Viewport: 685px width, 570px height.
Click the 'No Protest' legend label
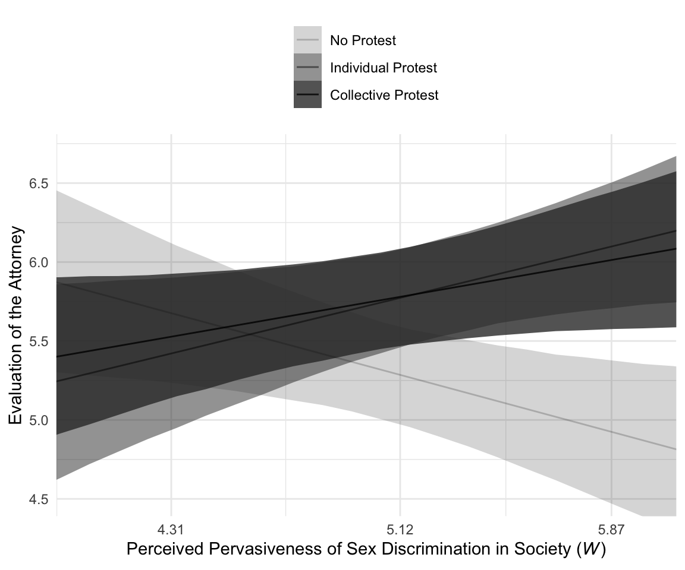[x=363, y=41]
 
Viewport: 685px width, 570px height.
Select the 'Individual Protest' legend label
[x=383, y=68]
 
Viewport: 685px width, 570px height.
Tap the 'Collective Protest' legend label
[x=384, y=95]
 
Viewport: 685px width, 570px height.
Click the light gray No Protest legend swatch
[x=307, y=40]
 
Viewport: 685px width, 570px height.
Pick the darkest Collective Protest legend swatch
[x=307, y=95]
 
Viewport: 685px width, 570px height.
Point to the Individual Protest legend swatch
[x=307, y=68]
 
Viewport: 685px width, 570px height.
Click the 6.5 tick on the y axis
[x=38, y=183]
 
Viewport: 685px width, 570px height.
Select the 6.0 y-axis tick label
[x=38, y=262]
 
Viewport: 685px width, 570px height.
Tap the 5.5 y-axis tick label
[x=38, y=341]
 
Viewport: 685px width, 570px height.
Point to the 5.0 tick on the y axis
[x=38, y=420]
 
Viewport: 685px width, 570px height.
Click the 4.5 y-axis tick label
[x=38, y=499]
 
